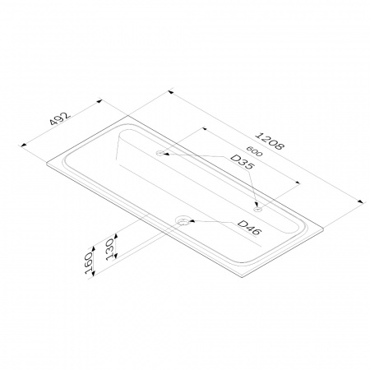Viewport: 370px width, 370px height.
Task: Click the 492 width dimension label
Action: tap(60, 118)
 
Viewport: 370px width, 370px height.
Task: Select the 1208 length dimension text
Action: tap(269, 141)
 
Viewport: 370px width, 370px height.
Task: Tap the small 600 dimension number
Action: tap(254, 150)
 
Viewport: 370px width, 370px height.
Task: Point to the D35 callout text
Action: tap(243, 162)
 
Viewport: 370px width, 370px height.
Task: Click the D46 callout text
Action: tap(249, 228)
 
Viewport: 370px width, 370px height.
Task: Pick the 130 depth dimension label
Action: tap(110, 249)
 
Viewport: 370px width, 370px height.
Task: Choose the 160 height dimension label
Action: tap(89, 263)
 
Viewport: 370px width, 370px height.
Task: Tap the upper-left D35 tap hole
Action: tap(160, 153)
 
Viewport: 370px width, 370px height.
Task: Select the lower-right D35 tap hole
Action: tap(258, 210)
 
